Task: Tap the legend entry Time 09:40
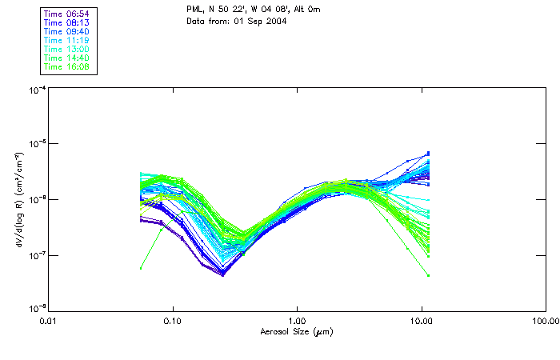tap(67, 32)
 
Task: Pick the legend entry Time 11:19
tap(67, 41)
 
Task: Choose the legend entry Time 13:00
tap(67, 50)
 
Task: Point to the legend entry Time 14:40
tap(67, 58)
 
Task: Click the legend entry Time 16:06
tap(67, 67)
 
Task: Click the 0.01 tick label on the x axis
tap(49, 321)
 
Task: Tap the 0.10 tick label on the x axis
tap(173, 321)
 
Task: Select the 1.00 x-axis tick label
tap(297, 321)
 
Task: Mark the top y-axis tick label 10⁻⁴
tap(35, 89)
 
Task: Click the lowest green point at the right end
tap(428, 276)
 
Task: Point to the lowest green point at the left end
tap(141, 268)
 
